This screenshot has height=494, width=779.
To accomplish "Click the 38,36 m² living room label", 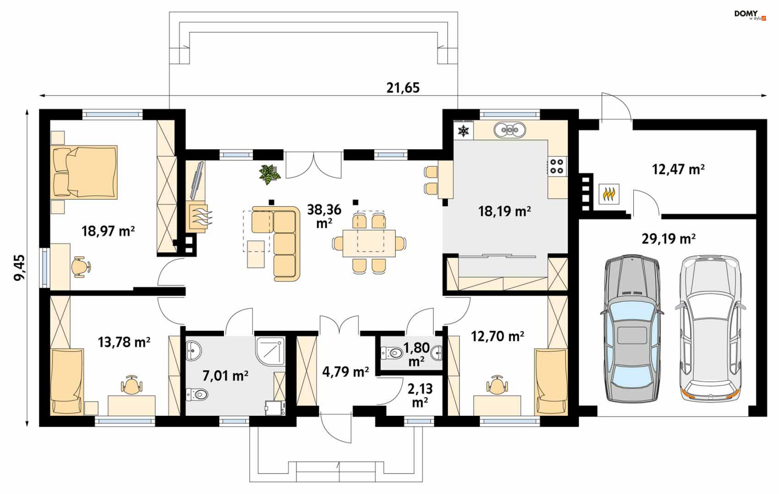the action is click(324, 216).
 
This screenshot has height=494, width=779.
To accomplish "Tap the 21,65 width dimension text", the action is click(403, 88).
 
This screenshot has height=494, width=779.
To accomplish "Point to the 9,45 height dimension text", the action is click(19, 267).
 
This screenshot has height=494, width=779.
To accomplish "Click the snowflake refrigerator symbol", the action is click(463, 130).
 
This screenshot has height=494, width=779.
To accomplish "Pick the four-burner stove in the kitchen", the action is click(557, 167).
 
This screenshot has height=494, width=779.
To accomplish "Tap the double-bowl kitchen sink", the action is click(510, 130).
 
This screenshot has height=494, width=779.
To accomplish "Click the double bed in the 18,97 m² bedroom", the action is click(84, 172).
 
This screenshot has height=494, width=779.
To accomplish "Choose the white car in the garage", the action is click(710, 328).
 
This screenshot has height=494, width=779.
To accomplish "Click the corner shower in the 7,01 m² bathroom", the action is click(270, 351).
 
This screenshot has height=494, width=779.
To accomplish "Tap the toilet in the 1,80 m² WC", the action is click(392, 353).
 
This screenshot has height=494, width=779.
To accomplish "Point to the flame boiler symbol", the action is click(609, 194).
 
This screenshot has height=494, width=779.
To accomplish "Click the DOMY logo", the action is click(750, 15).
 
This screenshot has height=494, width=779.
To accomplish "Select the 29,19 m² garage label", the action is click(668, 239).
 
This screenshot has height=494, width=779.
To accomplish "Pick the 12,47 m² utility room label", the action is click(678, 169).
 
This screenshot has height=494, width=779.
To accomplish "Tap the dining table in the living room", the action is click(369, 243).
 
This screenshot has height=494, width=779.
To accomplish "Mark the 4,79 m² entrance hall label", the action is click(345, 372).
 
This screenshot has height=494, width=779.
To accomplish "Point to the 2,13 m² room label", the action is click(420, 396).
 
